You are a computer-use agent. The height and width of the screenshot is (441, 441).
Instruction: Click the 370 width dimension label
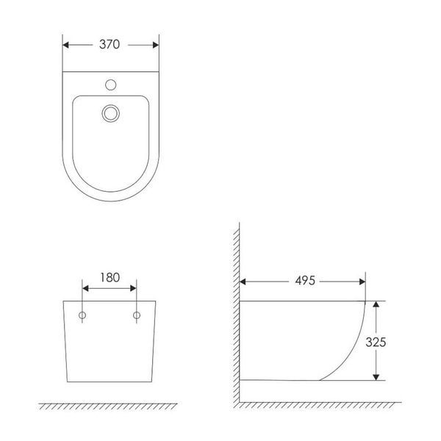point(110,44)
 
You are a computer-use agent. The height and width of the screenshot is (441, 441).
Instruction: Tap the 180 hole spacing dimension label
point(110,278)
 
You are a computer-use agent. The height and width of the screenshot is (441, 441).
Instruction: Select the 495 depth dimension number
point(305,281)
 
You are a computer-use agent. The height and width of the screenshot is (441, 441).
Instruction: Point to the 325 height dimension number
point(376,342)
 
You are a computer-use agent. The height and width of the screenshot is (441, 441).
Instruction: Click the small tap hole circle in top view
point(110,85)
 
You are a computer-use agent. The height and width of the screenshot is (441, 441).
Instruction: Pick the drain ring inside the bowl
point(110,113)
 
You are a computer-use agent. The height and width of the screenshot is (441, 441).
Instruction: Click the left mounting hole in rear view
point(82,315)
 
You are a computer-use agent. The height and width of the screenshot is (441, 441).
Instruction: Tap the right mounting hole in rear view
point(137,315)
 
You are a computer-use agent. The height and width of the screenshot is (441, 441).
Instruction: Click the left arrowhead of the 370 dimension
point(66,45)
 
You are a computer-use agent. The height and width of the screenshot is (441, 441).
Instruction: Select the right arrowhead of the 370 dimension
point(156,45)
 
